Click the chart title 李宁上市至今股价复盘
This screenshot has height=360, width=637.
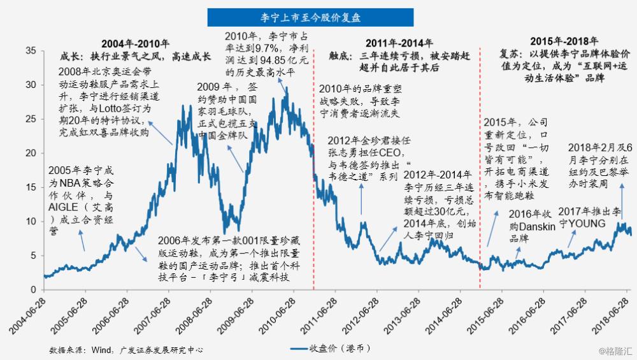tap(310, 14)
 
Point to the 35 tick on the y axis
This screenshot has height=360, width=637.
tap(31, 50)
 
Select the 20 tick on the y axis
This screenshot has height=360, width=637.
tap(31, 153)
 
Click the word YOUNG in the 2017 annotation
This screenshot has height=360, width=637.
tap(595, 224)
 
